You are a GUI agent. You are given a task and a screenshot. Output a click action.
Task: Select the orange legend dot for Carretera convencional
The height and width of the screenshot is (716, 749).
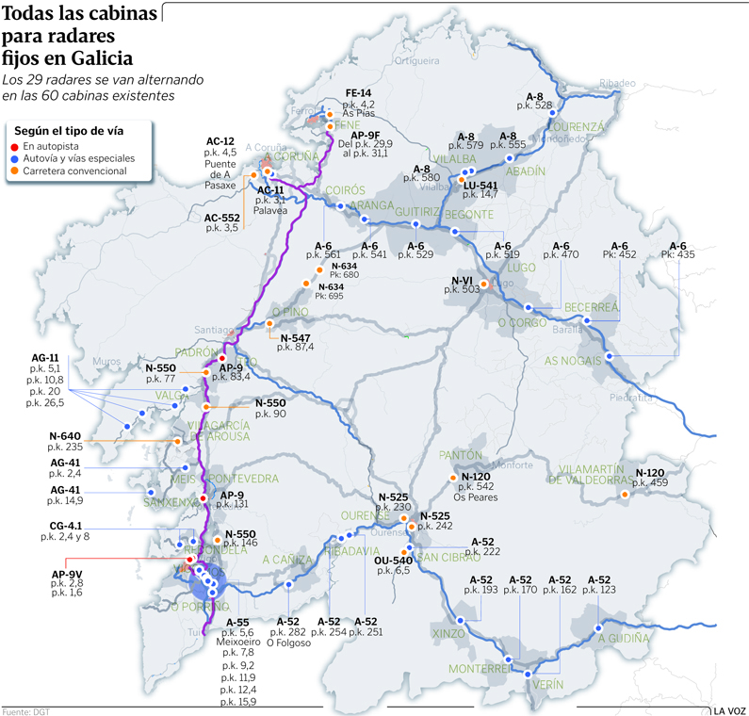pos(16,171)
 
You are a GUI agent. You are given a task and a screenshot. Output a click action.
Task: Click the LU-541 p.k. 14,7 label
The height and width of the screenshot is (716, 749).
pos(480,188)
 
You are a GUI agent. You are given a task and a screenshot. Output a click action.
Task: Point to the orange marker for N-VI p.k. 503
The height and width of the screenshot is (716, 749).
pos(484,284)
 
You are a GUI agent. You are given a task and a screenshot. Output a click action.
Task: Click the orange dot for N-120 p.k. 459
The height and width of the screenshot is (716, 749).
pos(624,493)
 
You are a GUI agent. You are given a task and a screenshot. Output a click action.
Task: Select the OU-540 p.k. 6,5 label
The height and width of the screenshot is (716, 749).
pos(392,565)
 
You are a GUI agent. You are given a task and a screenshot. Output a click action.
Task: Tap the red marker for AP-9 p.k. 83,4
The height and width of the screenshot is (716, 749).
pos(222,359)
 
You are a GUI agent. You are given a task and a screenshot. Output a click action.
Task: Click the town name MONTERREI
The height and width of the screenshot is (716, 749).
pos(480,668)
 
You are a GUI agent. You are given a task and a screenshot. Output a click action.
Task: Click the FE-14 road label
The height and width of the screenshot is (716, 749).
pos(359,92)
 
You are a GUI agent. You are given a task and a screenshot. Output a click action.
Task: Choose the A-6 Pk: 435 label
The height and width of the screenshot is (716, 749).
pos(678,250)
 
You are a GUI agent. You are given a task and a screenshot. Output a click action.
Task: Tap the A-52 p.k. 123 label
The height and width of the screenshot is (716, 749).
pos(600,584)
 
